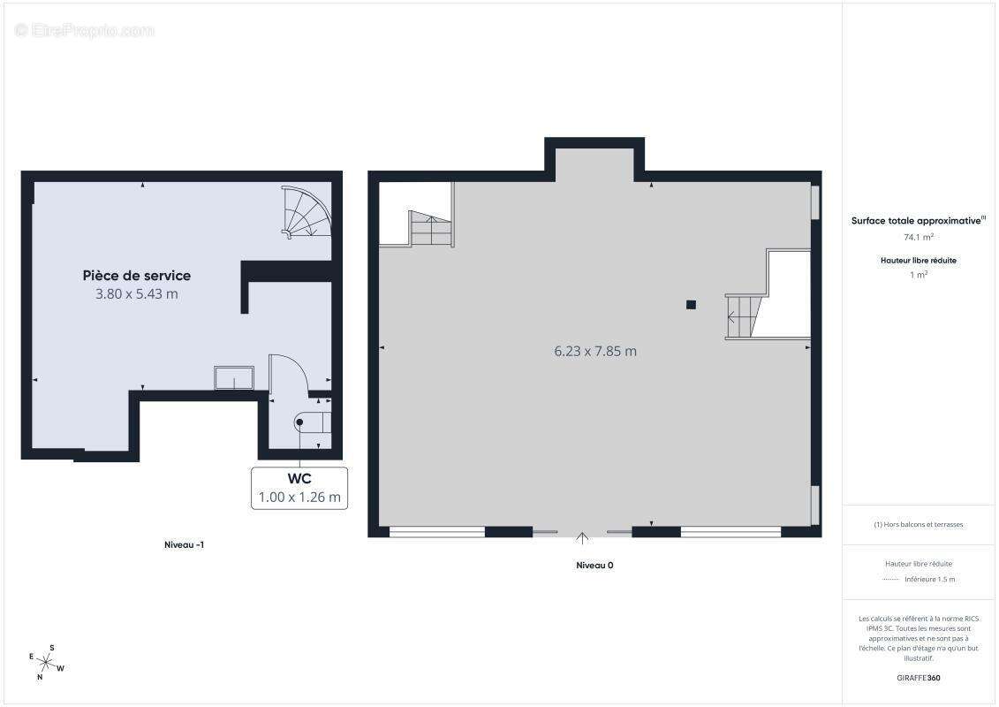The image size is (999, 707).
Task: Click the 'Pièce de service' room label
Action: pos(136,276)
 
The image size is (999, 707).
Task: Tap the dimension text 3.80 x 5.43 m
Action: pos(136,294)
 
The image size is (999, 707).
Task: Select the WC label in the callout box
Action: pos(299,479)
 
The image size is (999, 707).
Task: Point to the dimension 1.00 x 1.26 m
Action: pos(299,498)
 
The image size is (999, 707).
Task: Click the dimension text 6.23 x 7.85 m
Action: pos(595,351)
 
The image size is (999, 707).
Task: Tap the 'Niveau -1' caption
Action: pos(184,544)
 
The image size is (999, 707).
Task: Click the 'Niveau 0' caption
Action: pos(594,565)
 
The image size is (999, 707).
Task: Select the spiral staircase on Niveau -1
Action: pos(307,212)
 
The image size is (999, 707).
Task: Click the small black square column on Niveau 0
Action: pos(691,305)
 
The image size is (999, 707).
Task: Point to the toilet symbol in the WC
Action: pos(312,422)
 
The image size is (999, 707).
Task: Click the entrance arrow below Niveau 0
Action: pos(582,537)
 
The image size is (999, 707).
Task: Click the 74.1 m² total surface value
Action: pos(919,237)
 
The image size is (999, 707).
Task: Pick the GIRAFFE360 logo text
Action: pos(918,678)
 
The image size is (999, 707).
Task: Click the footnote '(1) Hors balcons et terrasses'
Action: pos(918,525)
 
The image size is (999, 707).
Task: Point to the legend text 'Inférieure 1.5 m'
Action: pos(929,580)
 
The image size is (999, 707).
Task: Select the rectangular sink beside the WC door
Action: pos(234,377)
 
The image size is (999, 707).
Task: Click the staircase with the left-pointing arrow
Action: pos(745,315)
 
